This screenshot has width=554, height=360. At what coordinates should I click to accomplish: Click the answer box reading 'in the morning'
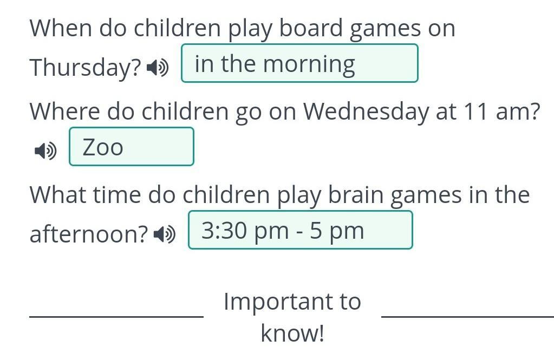(299, 63)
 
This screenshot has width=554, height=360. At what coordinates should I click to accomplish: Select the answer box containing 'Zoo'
(132, 147)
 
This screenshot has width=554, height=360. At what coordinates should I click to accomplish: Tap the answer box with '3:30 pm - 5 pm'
(301, 230)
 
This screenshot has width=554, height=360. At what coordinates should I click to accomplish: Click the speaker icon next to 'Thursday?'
(158, 68)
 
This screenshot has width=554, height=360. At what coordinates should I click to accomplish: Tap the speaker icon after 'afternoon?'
(165, 234)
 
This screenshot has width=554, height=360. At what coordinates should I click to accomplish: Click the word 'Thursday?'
(86, 67)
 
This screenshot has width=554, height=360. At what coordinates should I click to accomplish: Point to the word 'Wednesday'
(367, 112)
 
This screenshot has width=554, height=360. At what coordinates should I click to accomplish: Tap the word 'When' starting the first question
(61, 28)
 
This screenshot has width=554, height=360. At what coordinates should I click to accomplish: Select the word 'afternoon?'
(89, 234)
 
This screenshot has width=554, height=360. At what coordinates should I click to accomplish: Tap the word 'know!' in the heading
(292, 333)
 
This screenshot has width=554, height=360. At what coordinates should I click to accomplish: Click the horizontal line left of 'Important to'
(116, 317)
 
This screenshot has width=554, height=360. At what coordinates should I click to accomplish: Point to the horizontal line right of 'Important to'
(468, 317)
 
